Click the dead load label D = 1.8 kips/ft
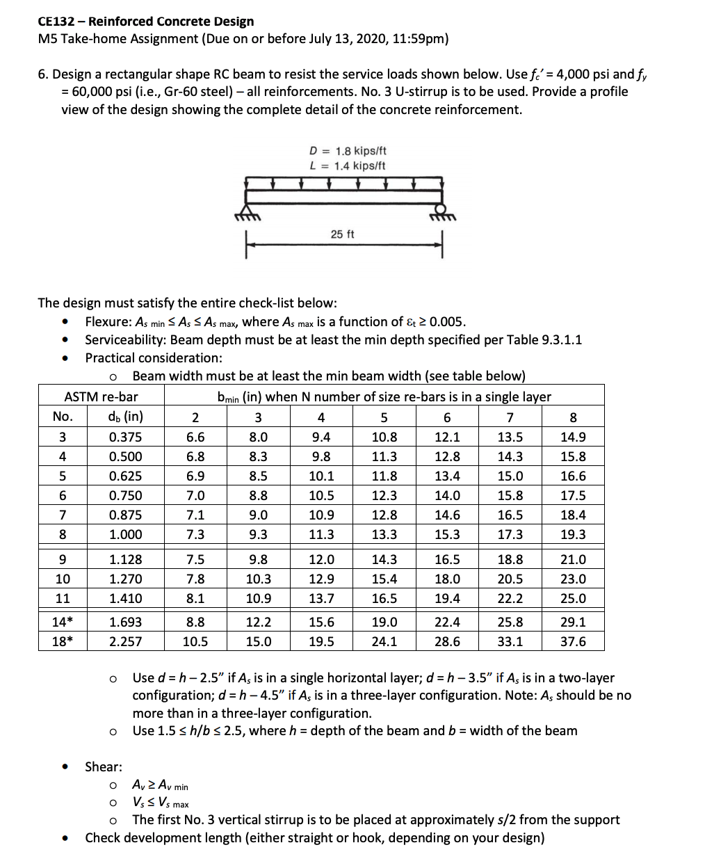[347, 151]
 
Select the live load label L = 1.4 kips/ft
[347, 166]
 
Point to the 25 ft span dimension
[342, 234]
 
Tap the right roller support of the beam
[441, 211]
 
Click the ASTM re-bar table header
[102, 397]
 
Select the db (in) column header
[125, 417]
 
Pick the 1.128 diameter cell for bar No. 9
[125, 559]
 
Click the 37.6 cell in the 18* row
[572, 641]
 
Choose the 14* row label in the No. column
[63, 622]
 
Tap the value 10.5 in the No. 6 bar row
[321, 496]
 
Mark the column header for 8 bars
[572, 417]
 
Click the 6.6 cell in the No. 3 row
[195, 437]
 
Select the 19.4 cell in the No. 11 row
[446, 598]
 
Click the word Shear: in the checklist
[104, 766]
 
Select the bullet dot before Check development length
[65, 838]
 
